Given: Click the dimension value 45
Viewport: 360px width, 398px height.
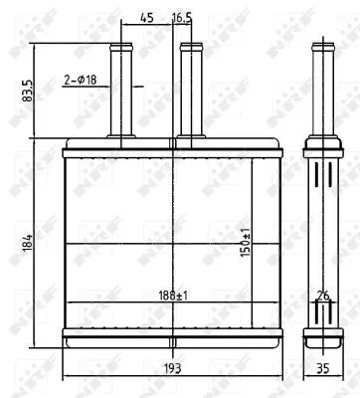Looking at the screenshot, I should click(x=147, y=17).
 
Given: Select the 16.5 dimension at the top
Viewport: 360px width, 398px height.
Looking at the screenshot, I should click(x=182, y=17).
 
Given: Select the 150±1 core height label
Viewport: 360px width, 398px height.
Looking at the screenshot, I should click(x=246, y=244).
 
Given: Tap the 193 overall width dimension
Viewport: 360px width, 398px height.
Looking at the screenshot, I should click(x=171, y=368).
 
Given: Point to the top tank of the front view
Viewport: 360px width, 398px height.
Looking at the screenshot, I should click(x=171, y=150).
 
